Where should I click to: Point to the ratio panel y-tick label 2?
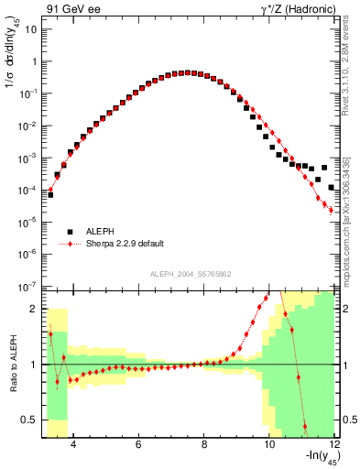pos(35,309)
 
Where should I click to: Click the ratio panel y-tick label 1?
pos(35,365)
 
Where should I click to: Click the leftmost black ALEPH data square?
pos(50,194)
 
